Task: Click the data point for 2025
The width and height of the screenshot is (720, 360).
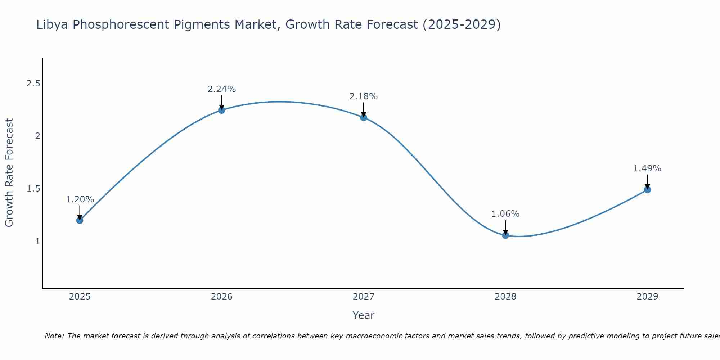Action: [80, 220]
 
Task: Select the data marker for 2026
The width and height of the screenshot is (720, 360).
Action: [222, 110]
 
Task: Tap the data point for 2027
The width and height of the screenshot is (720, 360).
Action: [364, 117]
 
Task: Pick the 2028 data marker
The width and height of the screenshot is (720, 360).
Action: [505, 235]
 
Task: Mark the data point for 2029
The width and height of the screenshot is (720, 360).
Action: [647, 190]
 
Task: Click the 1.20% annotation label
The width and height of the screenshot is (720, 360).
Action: [80, 199]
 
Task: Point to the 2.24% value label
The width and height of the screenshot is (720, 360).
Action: [222, 89]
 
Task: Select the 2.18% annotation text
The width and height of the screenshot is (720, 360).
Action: [364, 96]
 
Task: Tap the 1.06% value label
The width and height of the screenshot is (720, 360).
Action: [505, 214]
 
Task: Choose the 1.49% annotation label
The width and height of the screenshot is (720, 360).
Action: [647, 168]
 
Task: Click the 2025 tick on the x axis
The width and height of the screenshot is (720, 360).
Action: [80, 297]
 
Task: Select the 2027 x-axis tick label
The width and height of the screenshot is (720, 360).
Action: [364, 297]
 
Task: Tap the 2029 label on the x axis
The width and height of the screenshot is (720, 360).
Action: [647, 297]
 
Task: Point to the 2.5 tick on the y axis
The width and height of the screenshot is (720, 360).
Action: [33, 84]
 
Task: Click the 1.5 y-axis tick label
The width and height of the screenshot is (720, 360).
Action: [33, 189]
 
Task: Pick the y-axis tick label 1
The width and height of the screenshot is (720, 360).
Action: [37, 242]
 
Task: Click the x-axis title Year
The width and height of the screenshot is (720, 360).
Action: [364, 315]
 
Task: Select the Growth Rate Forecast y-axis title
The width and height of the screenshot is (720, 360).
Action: [9, 173]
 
